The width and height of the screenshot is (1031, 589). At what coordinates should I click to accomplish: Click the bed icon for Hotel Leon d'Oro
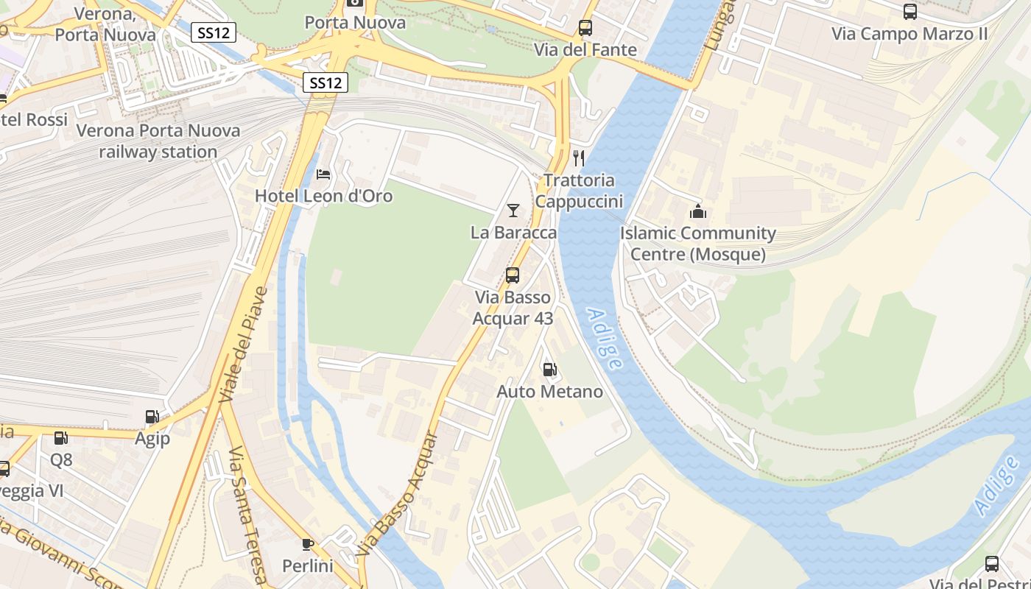pyautogui.click(x=323, y=174)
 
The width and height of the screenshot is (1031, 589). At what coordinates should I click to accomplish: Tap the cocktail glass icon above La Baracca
pyautogui.click(x=513, y=211)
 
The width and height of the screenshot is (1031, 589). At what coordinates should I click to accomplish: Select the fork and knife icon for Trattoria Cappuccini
pyautogui.click(x=579, y=158)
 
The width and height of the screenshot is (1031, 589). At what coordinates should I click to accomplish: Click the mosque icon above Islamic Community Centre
pyautogui.click(x=698, y=212)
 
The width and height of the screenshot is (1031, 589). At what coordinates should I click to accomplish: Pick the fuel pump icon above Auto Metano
pyautogui.click(x=549, y=370)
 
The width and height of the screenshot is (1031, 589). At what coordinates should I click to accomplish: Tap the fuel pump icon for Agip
pyautogui.click(x=152, y=417)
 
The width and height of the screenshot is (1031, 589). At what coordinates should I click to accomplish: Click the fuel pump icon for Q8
pyautogui.click(x=61, y=438)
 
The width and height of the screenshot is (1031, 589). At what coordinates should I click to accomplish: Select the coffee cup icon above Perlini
pyautogui.click(x=308, y=544)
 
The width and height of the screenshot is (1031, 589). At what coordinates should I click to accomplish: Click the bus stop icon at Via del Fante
pyautogui.click(x=585, y=28)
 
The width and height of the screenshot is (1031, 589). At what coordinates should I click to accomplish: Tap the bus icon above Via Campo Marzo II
pyautogui.click(x=910, y=12)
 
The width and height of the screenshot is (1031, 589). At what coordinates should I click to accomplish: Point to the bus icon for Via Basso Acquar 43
pyautogui.click(x=513, y=275)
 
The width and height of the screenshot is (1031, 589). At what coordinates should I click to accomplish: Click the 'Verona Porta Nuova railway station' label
pyautogui.click(x=158, y=141)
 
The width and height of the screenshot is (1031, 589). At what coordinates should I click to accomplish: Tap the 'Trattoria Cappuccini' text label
pyautogui.click(x=579, y=191)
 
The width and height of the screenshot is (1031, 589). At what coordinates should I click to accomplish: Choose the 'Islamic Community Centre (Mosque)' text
pyautogui.click(x=698, y=244)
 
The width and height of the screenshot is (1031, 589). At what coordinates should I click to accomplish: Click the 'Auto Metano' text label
pyautogui.click(x=550, y=392)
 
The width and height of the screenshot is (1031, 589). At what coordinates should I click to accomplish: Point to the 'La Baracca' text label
pyautogui.click(x=513, y=233)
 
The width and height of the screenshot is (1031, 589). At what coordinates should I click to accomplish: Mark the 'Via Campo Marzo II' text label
pyautogui.click(x=909, y=34)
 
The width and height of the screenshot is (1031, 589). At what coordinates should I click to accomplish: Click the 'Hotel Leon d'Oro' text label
pyautogui.click(x=323, y=196)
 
